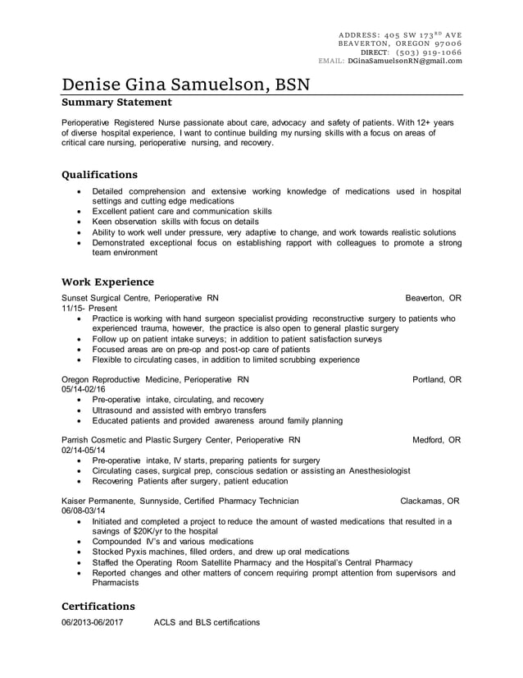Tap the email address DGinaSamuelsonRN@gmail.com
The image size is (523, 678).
point(404,61)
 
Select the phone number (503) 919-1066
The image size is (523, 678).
point(428,52)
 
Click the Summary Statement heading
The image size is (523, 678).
point(116,103)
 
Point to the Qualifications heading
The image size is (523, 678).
point(100,175)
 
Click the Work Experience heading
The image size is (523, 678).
point(107,282)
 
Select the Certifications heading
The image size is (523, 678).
point(98,606)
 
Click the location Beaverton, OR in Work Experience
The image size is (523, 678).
point(433,298)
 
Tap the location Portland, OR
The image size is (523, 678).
point(436,380)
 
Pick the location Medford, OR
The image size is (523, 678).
point(436,440)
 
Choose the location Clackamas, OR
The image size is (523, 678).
point(430,501)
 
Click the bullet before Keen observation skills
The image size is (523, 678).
point(79,222)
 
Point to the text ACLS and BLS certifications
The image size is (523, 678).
point(207,622)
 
